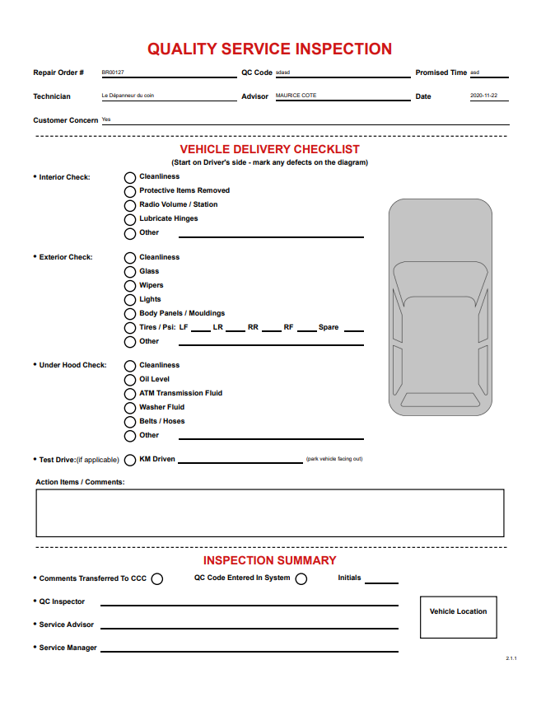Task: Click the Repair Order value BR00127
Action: [113, 73]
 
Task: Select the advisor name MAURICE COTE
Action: [296, 96]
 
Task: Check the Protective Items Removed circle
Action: [130, 191]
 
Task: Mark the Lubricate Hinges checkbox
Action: [130, 219]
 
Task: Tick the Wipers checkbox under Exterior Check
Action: [130, 286]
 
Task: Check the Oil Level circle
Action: [130, 380]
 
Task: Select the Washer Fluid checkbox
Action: [130, 408]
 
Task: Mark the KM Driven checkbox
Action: [130, 460]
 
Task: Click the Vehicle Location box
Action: [458, 617]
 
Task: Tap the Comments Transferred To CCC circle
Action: [157, 579]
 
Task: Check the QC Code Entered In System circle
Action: [301, 579]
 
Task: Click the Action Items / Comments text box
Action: [269, 512]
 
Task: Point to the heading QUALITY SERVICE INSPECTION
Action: [269, 49]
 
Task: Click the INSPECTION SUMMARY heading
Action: [269, 561]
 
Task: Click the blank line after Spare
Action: [354, 330]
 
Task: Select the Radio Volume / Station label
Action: [179, 204]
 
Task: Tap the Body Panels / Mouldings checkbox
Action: [130, 314]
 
